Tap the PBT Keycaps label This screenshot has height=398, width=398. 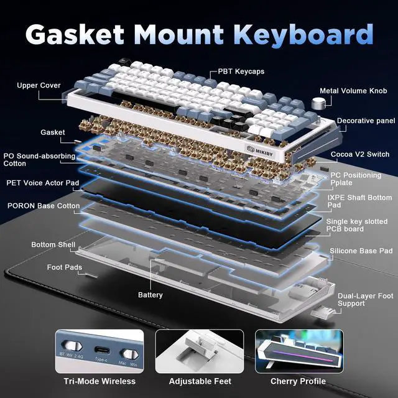tap(241, 72)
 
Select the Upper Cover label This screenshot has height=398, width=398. tap(39, 85)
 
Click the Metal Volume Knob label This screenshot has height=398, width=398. tap(353, 90)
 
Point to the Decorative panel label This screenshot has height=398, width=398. tap(366, 121)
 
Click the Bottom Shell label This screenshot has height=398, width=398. tap(53, 245)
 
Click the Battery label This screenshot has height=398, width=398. tap(150, 295)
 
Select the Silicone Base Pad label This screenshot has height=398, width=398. tap(361, 251)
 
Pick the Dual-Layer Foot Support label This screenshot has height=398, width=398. tap(364, 300)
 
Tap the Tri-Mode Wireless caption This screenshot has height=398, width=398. tap(99, 381)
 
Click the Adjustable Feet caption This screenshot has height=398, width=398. tap(200, 381)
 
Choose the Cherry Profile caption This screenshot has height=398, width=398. tap(297, 381)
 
